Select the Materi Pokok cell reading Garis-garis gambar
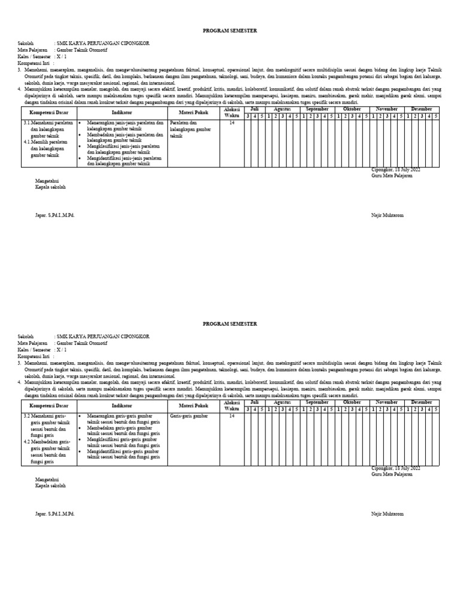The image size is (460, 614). (189, 414)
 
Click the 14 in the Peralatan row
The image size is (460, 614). (232, 122)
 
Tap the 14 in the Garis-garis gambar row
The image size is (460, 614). (232, 414)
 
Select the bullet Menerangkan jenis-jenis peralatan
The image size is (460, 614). (124, 125)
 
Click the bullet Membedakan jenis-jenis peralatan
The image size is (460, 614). (124, 137)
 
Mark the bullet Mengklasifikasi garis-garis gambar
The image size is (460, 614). (124, 443)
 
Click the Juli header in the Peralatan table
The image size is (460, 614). (255, 109)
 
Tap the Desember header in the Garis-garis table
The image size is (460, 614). (422, 402)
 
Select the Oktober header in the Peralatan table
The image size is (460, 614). (352, 109)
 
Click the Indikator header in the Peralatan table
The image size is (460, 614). (122, 112)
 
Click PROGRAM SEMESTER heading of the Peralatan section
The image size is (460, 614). (230, 32)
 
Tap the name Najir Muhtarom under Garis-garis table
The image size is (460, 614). (388, 514)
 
